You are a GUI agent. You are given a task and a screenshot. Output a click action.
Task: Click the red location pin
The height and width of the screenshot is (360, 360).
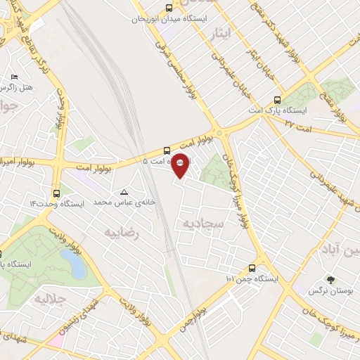click(181, 165)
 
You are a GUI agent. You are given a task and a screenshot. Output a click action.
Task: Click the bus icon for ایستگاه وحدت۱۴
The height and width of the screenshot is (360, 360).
click(56, 193)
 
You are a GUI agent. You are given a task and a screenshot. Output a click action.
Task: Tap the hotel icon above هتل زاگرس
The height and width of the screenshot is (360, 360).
click(14, 77)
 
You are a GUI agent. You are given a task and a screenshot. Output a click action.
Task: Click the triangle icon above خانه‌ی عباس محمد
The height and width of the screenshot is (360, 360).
click(124, 191)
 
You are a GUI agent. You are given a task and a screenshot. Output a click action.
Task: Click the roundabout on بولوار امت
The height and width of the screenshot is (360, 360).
click(221, 133)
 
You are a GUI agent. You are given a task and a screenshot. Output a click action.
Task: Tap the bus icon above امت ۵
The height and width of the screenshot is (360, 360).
click(167, 150)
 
